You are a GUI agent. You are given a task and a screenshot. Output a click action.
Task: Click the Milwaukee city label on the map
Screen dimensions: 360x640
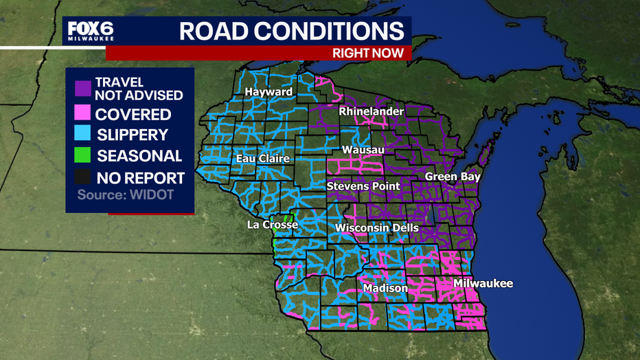pos(483,283)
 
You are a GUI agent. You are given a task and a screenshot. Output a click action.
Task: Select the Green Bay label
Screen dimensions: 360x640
pos(453,177)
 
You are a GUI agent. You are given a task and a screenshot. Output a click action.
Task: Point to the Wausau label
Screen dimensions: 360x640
pos(363,149)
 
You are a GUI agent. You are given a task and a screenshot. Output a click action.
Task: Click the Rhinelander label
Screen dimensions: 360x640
pos(372,111)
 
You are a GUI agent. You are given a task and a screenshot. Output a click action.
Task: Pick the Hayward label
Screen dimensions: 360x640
pos(268,92)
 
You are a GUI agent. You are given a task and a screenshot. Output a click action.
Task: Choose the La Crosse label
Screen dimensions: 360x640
pos(273,225)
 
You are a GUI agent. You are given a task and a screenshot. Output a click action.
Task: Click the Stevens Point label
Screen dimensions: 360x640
pos(363,186)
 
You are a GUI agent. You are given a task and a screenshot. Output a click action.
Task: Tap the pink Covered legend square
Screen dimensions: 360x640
pos(82,114)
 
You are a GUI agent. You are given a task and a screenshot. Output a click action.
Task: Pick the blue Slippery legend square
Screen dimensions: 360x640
pos(82,135)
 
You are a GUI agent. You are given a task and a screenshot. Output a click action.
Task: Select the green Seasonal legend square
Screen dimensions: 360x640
pos(82,157)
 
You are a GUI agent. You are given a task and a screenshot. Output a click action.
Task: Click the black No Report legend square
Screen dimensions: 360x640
pos(82,178)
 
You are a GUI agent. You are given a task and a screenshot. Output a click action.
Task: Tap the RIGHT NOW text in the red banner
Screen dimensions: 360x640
pos(371,53)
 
